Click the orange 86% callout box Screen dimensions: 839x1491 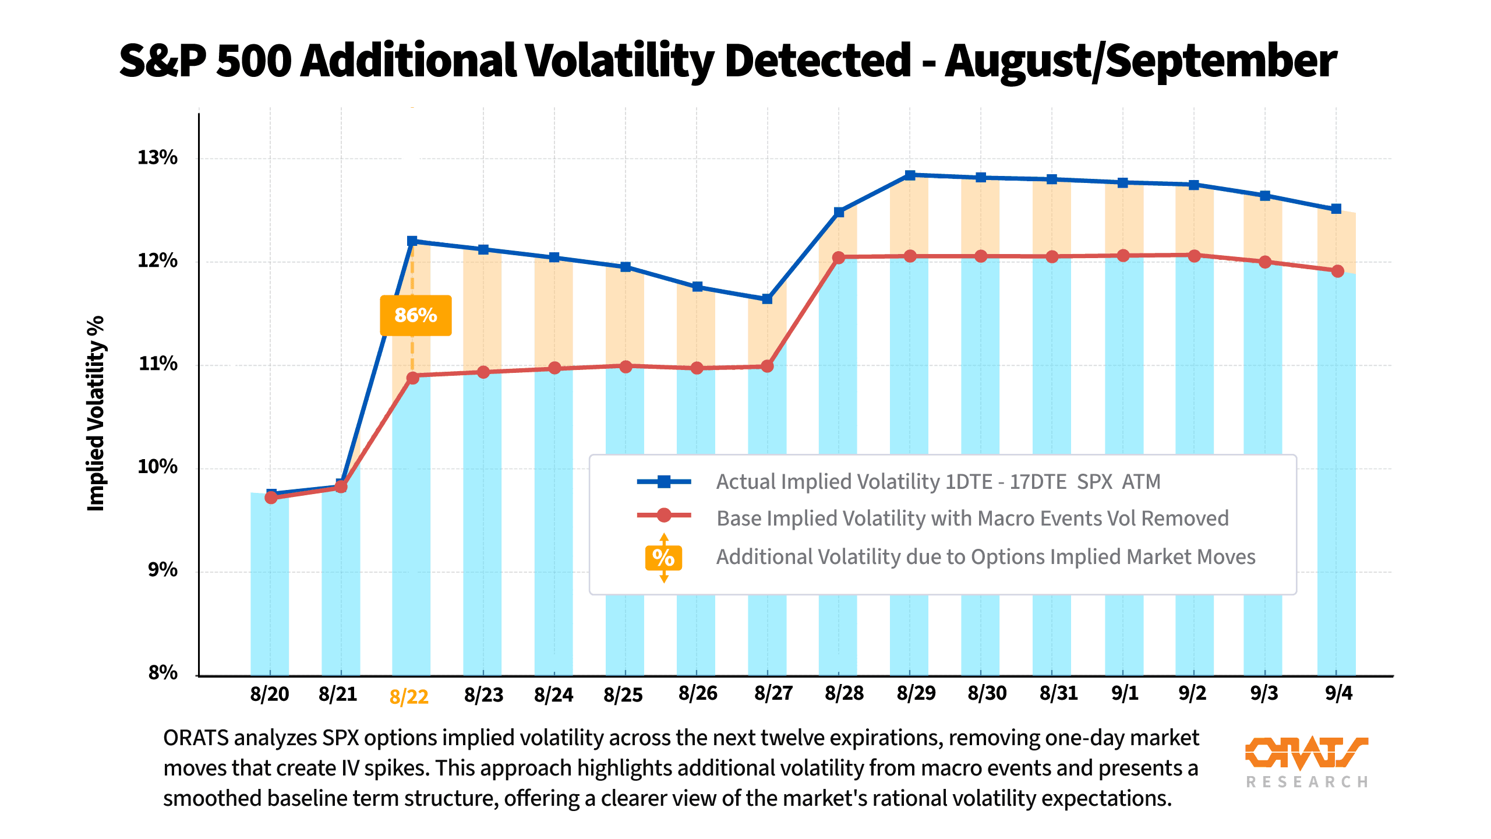pos(415,315)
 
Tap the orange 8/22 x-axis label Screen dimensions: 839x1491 pos(409,696)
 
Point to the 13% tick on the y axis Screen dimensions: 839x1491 pos(157,157)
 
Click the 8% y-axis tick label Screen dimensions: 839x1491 pos(162,672)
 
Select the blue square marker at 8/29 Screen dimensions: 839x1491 pos(910,175)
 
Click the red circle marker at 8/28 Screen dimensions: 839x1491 pos(839,258)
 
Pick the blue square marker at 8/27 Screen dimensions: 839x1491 pos(767,299)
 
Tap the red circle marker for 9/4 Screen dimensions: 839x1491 pos(1337,271)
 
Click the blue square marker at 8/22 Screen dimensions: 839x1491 pos(412,241)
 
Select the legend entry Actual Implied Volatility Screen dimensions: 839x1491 pos(938,482)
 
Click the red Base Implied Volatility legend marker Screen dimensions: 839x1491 pos(664,515)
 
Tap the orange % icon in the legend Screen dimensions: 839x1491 pos(663,558)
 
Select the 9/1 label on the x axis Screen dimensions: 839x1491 pos(1124,693)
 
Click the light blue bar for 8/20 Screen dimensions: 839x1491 pos(270,583)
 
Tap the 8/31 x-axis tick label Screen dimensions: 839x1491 pos(1058,693)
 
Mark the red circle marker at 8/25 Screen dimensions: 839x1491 pos(626,366)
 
